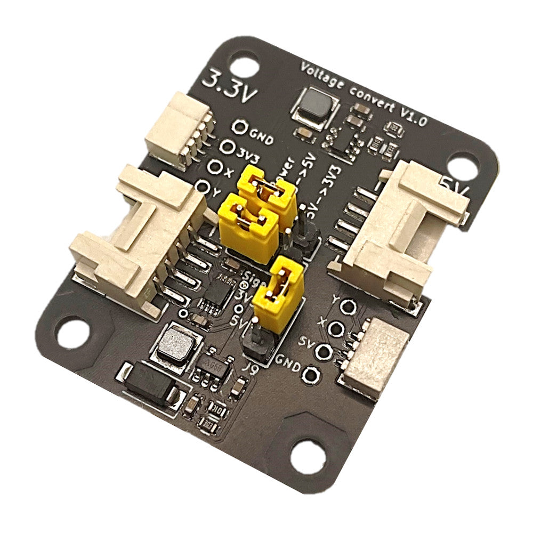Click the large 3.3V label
[x=230, y=85]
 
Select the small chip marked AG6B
[x=213, y=365]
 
